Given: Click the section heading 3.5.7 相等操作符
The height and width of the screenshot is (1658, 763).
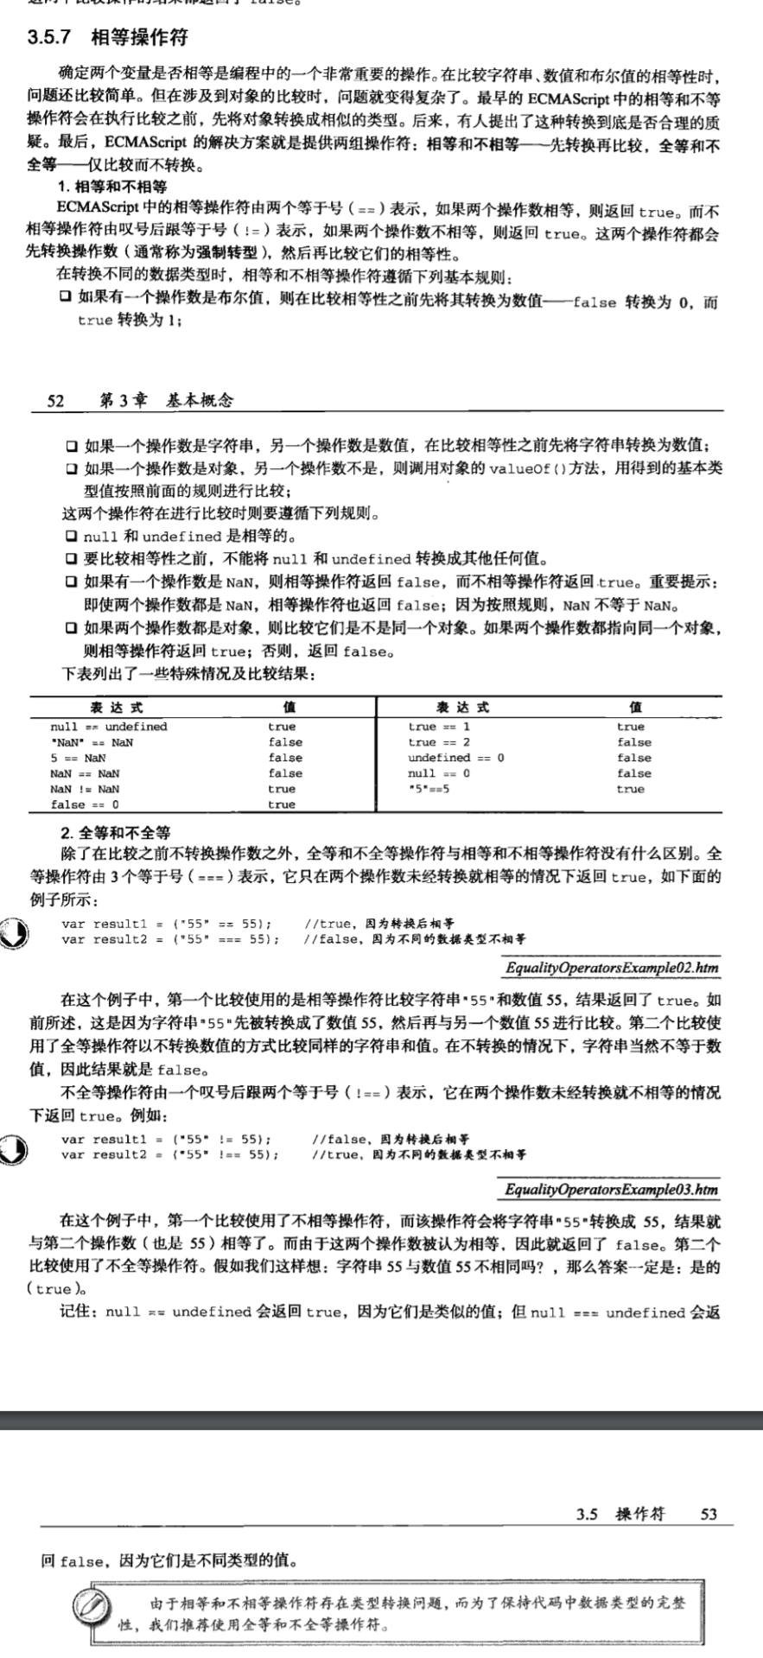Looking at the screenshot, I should point(107,37).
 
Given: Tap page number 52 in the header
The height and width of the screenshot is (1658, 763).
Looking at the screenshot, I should point(55,400).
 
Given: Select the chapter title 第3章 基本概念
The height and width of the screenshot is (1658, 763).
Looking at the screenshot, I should point(166,400).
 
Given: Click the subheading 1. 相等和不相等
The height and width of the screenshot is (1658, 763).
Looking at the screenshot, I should point(112,187).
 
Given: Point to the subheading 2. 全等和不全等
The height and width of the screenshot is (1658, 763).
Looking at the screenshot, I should point(115,833).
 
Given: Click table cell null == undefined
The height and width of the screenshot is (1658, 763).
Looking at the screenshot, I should point(109,727).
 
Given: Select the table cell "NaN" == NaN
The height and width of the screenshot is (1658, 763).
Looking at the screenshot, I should point(92,742).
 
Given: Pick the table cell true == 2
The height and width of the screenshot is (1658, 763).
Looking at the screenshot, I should point(439,742).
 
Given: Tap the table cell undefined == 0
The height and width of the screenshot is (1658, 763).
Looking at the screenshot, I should point(455,758).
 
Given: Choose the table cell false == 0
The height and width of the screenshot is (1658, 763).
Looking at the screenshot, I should point(85,804).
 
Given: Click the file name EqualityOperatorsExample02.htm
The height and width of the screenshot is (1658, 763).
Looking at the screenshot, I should point(612,968).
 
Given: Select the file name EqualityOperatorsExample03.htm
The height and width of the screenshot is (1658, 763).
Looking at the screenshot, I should point(612,1190).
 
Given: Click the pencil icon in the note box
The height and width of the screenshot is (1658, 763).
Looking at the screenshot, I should point(91,1604).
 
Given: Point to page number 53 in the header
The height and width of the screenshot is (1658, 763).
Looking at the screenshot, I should point(709,1514).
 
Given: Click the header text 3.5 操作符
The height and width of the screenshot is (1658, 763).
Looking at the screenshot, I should point(620,1514).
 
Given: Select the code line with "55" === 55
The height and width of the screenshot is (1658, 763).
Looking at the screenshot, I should point(170,939).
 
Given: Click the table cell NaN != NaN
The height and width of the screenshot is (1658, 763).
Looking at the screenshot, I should point(85,789).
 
